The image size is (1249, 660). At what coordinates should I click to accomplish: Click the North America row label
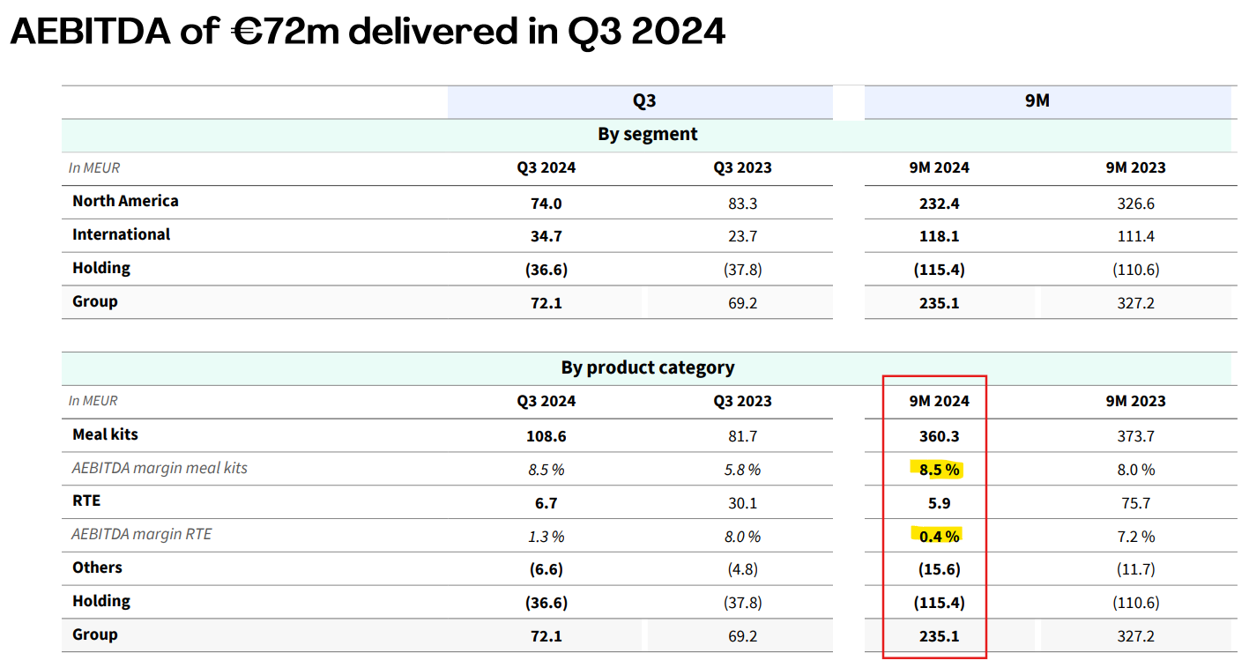tap(125, 201)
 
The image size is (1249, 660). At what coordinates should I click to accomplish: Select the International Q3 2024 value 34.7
tap(546, 236)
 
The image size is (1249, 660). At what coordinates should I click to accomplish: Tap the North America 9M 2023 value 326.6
tap(1136, 204)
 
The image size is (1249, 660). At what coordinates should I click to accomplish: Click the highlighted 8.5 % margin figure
tap(939, 470)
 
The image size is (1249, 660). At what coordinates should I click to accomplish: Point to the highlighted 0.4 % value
tap(939, 536)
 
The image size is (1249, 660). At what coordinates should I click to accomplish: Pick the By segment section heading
tap(647, 135)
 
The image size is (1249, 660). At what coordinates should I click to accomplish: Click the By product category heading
tap(647, 367)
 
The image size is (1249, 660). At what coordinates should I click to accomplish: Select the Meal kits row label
tap(105, 434)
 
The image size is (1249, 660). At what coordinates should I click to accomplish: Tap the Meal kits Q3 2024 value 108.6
tap(546, 436)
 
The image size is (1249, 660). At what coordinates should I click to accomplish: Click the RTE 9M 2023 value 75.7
tap(1136, 503)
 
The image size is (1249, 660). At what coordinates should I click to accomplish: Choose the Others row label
tap(97, 567)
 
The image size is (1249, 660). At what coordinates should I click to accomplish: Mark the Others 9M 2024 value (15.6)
tap(939, 570)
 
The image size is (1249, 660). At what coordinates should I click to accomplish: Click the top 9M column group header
tap(1037, 101)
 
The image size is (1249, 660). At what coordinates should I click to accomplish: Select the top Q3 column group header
tap(644, 101)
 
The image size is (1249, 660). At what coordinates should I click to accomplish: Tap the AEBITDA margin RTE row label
tap(142, 534)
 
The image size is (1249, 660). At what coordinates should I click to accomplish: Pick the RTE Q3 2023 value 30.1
tap(742, 503)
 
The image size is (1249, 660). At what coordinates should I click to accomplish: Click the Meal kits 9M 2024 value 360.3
tap(939, 436)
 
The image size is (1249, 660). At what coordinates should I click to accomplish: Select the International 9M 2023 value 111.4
tap(1136, 236)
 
